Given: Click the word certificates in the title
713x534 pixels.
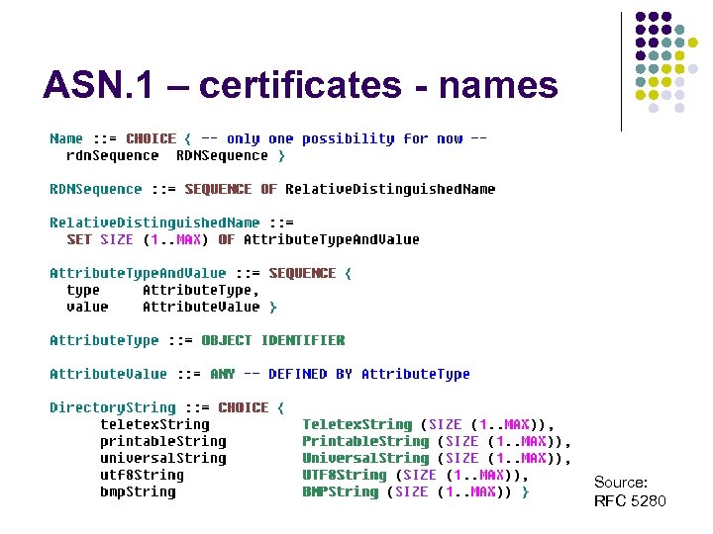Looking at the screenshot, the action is [304, 86].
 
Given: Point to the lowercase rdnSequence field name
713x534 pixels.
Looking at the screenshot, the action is [112, 155].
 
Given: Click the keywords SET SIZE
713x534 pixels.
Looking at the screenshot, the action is [99, 239].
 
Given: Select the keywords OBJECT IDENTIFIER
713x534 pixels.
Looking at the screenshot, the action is [272, 340].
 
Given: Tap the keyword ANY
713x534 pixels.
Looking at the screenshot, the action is [222, 374].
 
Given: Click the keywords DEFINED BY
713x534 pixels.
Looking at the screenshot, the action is [310, 374].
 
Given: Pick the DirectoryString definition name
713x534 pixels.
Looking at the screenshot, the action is [112, 407].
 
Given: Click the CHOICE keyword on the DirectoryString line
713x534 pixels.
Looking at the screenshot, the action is [243, 407].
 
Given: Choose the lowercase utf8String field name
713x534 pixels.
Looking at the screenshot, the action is [142, 475].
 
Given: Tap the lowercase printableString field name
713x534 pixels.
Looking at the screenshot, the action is [162, 441].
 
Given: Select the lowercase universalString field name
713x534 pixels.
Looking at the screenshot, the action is [162, 458].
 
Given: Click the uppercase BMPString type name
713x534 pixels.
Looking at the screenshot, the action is [340, 491].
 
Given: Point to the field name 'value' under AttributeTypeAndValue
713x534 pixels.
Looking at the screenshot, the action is [87, 307].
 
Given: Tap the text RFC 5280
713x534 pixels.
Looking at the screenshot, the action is [630, 501].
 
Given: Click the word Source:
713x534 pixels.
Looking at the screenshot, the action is [621, 482].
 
